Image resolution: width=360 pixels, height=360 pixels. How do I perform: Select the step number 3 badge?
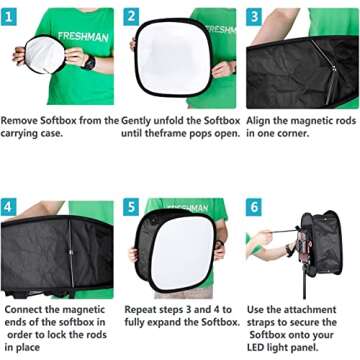coord(253,17)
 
